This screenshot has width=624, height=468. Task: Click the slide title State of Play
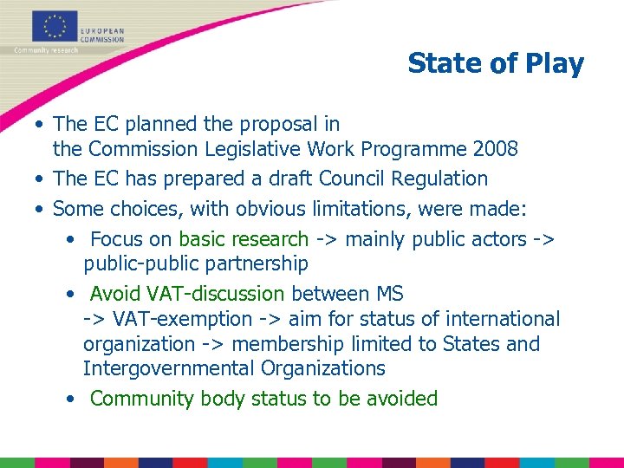tap(496, 63)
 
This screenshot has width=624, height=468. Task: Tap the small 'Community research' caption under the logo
tap(46, 50)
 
